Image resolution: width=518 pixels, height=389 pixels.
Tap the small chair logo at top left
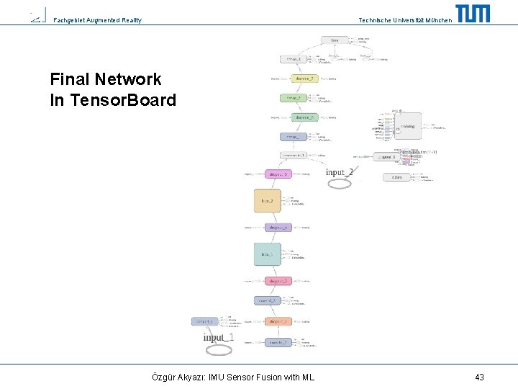click(37, 16)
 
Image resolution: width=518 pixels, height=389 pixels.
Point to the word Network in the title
click(126, 79)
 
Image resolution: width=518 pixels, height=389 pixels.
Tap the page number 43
click(479, 377)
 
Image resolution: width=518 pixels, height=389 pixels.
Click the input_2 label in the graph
click(340, 172)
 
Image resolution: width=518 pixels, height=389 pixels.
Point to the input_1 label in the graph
click(219, 337)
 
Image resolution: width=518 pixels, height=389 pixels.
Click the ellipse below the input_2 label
click(340, 184)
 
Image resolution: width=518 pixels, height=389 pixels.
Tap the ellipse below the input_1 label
click(219, 349)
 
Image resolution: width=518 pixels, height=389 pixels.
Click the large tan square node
click(267, 200)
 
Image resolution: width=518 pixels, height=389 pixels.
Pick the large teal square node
click(267, 254)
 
